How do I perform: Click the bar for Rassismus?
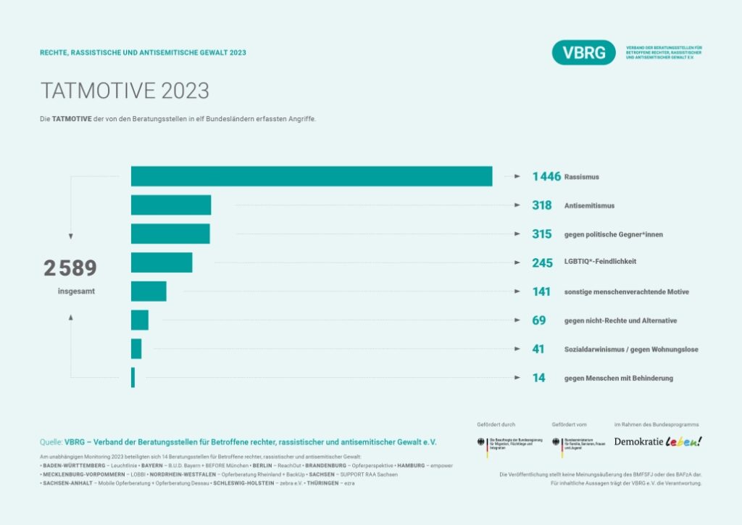pos(312,176)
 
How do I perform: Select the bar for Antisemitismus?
pos(171,205)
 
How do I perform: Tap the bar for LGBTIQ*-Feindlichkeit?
pos(162,262)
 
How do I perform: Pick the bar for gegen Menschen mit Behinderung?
pos(133,378)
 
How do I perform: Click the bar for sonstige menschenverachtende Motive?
pos(149,292)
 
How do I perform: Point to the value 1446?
pos(546,176)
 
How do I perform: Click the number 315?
pos(542,234)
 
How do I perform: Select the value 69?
pos(538,321)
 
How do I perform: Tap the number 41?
pos(538,350)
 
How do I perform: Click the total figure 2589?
pos(70,268)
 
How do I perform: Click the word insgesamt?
pos(76,292)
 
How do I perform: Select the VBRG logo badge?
pos(583,52)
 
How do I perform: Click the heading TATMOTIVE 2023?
pos(125,91)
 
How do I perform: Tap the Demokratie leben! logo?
pos(658,441)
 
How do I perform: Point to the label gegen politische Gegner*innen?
pos(613,234)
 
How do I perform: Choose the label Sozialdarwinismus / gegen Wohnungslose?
pos(631,350)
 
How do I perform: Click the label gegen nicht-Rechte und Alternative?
pos(620,321)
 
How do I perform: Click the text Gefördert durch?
pos(496,424)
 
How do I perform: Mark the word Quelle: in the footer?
pos(51,441)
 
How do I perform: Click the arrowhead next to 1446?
pos(517,176)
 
